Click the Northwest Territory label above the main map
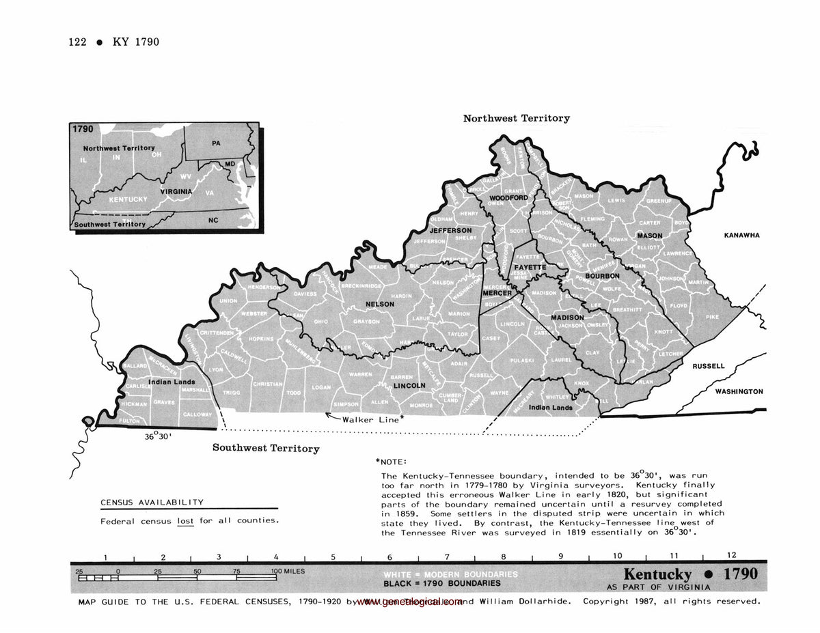[x=516, y=118]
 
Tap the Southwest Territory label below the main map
[x=266, y=448]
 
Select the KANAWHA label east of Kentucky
[x=741, y=236]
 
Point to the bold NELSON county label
[x=380, y=304]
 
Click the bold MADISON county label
[x=567, y=318]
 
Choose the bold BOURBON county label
[x=601, y=276]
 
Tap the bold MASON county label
[x=650, y=236]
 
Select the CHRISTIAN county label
[x=268, y=384]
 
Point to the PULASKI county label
[x=522, y=360]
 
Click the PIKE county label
[x=713, y=317]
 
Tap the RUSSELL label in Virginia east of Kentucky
[x=709, y=366]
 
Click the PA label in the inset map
[x=216, y=143]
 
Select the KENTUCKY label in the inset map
[x=128, y=199]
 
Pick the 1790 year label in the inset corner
[x=82, y=128]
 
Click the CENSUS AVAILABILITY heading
[x=152, y=503]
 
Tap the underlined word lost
[x=185, y=520]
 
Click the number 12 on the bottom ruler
[x=731, y=556]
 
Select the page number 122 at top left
[x=77, y=42]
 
